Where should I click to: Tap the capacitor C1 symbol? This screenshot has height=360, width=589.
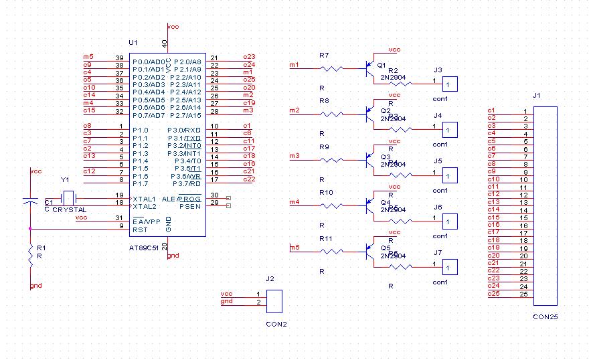[x=30, y=199]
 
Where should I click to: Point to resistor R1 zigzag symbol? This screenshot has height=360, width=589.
[x=30, y=255]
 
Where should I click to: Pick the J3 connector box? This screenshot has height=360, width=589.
[x=450, y=84]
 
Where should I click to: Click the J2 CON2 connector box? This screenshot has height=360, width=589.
[x=274, y=301]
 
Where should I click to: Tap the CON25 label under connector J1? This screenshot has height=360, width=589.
[x=545, y=317]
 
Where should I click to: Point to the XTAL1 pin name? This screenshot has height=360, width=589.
[x=144, y=199]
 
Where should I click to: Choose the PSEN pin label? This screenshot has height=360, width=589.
[x=190, y=206]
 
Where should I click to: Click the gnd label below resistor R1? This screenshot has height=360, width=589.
[x=35, y=285]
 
